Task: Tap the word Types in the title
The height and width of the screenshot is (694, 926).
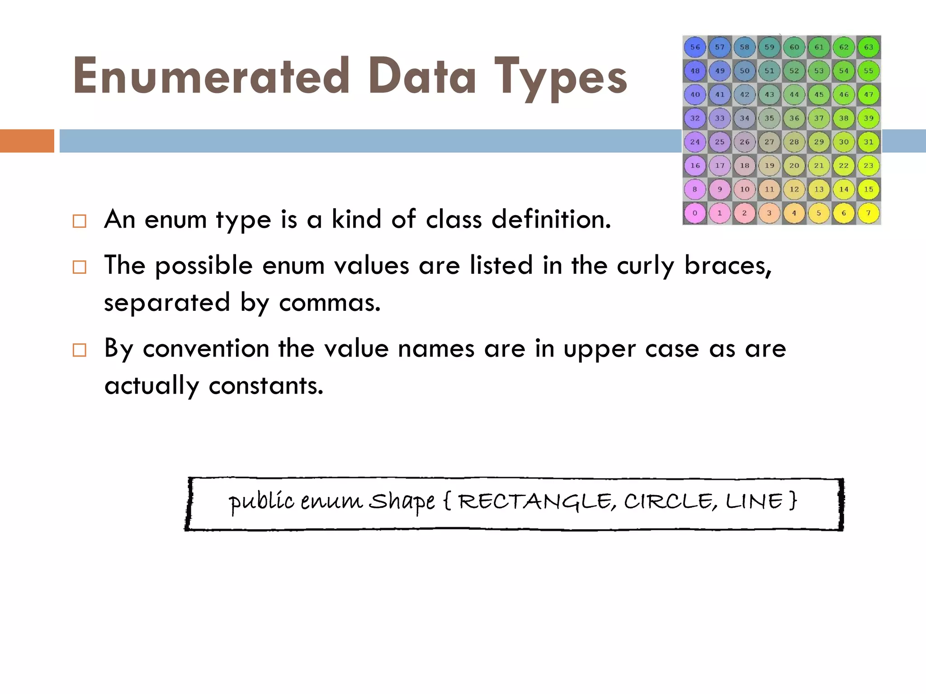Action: pos(560,78)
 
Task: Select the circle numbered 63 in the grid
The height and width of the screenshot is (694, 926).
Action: pos(868,47)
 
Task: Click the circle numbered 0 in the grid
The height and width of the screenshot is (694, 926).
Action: pos(695,213)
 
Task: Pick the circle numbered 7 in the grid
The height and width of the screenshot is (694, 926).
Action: pos(868,213)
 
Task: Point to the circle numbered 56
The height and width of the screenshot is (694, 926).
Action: pos(695,47)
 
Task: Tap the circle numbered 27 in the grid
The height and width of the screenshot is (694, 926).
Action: pos(769,142)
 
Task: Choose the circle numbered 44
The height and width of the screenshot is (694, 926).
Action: pos(794,94)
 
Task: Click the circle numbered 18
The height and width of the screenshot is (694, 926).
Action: pos(744,165)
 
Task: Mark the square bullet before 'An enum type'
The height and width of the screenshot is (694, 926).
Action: pos(79,221)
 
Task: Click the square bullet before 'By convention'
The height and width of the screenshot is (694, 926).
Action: pos(79,350)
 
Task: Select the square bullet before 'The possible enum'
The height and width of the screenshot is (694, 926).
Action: pos(79,267)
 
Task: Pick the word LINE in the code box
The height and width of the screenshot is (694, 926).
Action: pos(754,502)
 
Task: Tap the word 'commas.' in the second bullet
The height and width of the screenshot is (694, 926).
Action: pos(330,302)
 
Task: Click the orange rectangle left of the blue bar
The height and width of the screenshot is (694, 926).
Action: pos(27,141)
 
